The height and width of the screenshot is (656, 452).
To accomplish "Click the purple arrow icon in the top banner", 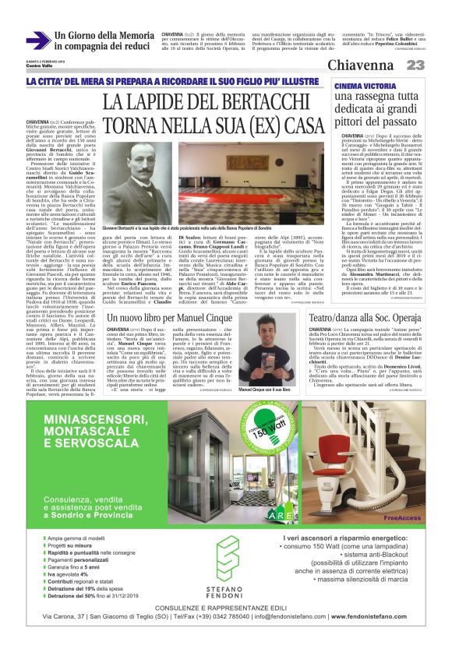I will (x=38, y=41).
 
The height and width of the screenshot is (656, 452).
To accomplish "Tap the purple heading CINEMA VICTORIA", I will (x=363, y=87).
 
